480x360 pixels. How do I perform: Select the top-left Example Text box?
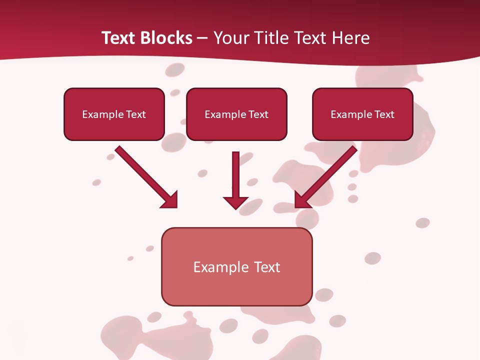coord(114,114)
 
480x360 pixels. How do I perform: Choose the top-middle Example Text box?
coord(236,114)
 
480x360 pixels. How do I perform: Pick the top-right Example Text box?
coord(362,114)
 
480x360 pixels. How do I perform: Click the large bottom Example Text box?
coord(236,267)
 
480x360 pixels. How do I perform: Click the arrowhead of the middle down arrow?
coord(236,202)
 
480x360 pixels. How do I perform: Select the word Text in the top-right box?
coord(384,114)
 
